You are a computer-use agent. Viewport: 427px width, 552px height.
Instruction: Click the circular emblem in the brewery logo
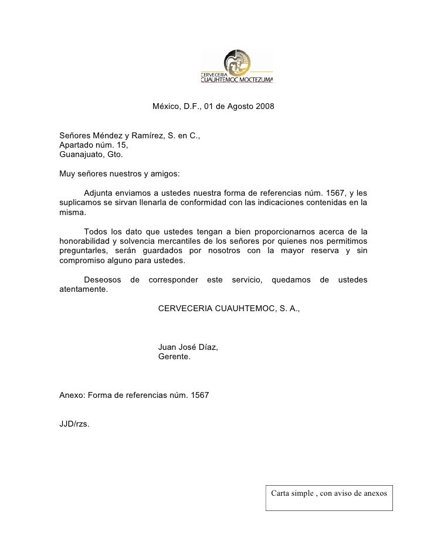[239, 62]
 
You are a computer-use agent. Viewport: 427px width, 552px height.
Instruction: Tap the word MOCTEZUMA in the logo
[254, 80]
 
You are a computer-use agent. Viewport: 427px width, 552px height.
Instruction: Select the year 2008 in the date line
[263, 108]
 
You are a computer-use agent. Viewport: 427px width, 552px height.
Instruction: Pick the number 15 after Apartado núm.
[121, 146]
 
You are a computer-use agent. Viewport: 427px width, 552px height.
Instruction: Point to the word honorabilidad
[87, 241]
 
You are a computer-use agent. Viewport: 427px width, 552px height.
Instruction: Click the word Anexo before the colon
[72, 395]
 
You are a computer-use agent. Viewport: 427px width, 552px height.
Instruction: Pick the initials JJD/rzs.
[75, 424]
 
